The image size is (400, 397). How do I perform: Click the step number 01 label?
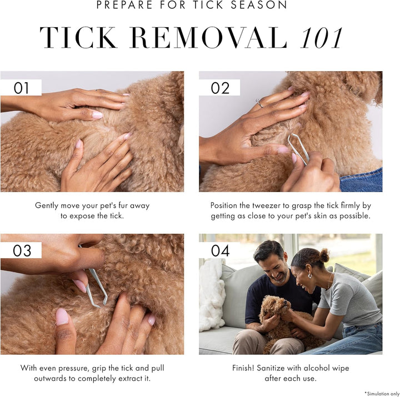[21, 88]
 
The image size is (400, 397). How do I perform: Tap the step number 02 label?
[220, 88]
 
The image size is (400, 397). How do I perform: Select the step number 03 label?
[22, 250]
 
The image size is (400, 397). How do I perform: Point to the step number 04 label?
[220, 250]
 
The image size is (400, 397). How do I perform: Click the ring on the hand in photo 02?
[259, 103]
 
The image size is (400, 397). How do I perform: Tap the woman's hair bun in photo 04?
[324, 255]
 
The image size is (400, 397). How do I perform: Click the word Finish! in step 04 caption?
[246, 368]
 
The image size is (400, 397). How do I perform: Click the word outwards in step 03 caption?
[43, 378]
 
